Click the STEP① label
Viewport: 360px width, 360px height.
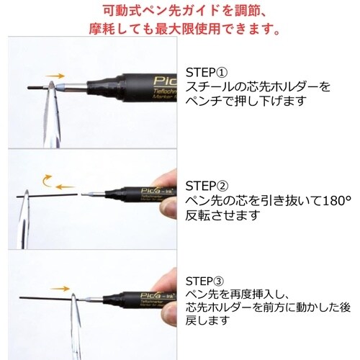pyautogui.click(x=206, y=73)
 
